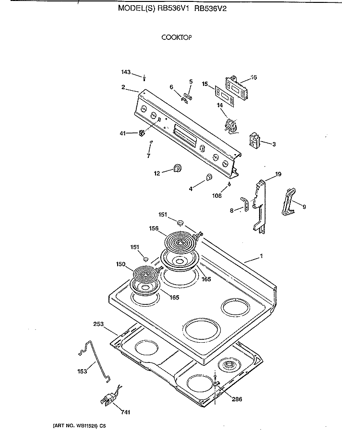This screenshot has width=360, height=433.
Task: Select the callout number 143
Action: [125, 72]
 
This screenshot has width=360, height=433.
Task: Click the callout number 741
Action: [125, 412]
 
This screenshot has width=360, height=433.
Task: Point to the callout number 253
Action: [98, 325]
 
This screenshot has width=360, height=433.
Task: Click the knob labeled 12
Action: [178, 168]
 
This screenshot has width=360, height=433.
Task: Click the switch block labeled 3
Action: [253, 141]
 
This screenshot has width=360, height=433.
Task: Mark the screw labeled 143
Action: [144, 77]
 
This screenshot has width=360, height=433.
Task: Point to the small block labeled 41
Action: [142, 133]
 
